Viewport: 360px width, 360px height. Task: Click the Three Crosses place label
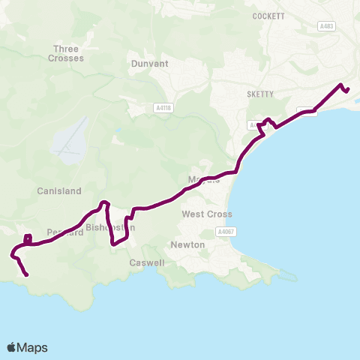coord(65,53)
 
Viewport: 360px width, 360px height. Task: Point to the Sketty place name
coord(262,94)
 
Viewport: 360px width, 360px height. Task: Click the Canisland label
coord(58,191)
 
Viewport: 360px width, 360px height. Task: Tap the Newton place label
coord(188,244)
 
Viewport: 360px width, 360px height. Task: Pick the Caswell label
coord(145,263)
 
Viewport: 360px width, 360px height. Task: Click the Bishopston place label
coord(109,227)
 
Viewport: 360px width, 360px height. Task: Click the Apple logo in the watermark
coord(12,347)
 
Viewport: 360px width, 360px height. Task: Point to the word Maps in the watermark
coord(33,347)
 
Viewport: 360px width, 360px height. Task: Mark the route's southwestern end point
coord(27,275)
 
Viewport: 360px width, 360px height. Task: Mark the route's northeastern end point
coord(348,90)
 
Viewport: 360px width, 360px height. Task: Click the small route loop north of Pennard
coord(28,239)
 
